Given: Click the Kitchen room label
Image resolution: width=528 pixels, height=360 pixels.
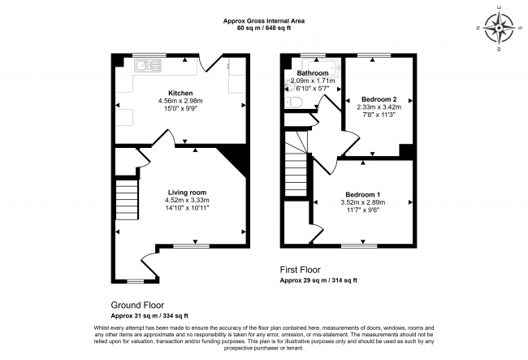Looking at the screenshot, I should (180, 93).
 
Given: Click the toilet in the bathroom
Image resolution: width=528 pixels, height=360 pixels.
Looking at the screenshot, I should (295, 102).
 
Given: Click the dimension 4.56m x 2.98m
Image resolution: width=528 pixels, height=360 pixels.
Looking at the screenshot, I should (180, 101).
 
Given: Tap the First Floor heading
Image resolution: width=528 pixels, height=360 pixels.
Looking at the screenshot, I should (301, 270).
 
